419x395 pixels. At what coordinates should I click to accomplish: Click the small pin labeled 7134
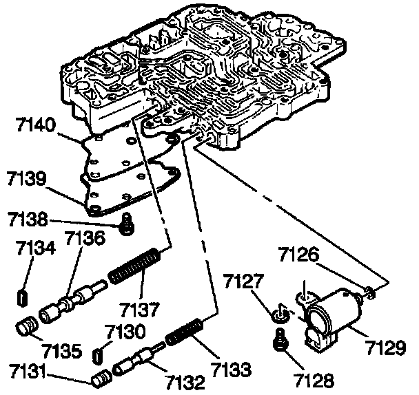21,297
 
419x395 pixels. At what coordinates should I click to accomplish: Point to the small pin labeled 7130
99,354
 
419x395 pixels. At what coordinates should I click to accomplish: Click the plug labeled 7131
101,378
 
